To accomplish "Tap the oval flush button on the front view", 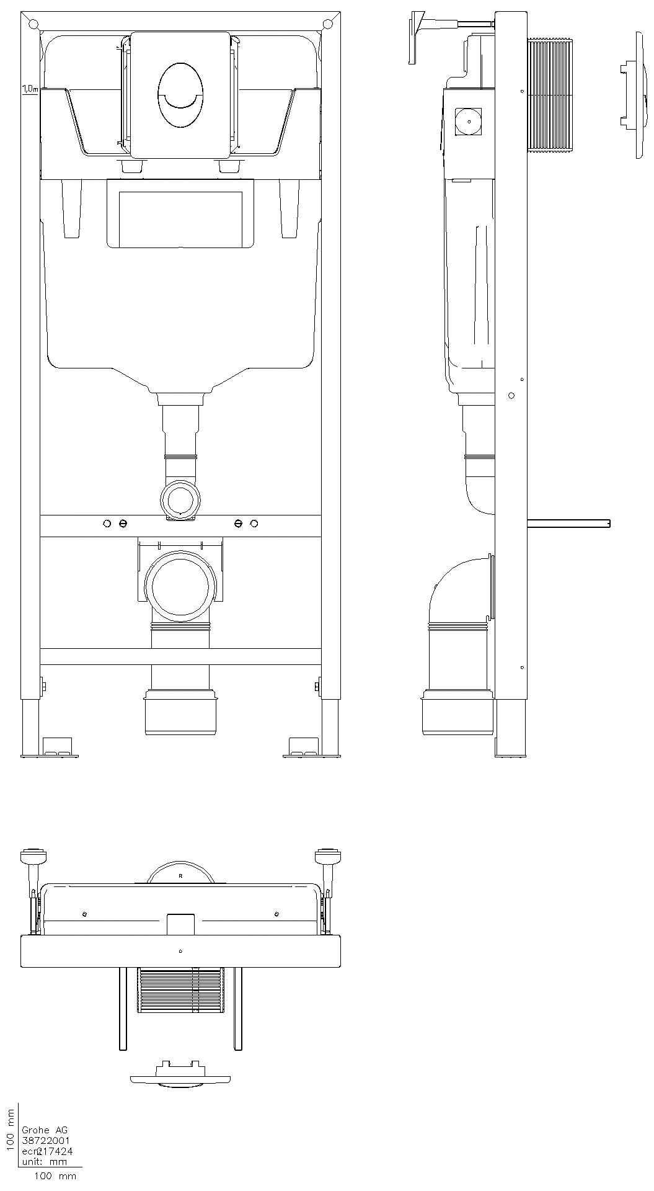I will (x=180, y=95).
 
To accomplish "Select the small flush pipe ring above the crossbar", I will (x=180, y=499).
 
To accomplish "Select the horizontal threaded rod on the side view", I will (x=567, y=524).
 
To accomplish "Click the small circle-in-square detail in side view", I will (x=469, y=122).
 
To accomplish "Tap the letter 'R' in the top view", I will (x=180, y=876).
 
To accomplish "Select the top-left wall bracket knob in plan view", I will (x=33, y=857).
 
